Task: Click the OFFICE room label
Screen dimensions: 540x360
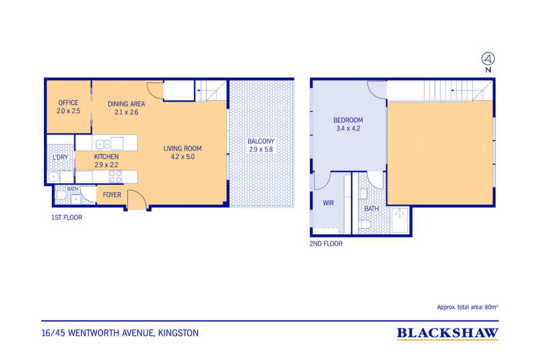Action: (68, 103)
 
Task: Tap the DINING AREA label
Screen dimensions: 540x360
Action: (126, 104)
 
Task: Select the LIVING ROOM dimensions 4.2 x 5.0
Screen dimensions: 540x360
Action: (183, 157)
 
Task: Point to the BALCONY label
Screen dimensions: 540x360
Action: (261, 141)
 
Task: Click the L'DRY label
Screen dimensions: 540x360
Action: (60, 157)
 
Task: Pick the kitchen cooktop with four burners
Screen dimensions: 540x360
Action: (116, 176)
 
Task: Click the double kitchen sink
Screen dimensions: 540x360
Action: (103, 144)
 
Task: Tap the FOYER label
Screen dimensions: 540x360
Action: (112, 195)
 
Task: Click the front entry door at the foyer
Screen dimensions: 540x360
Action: (137, 200)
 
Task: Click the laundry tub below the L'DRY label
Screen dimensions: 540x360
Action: (54, 177)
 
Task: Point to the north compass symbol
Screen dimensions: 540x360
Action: (488, 59)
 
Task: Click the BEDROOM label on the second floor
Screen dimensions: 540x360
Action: (348, 120)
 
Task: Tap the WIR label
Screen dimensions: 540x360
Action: (328, 203)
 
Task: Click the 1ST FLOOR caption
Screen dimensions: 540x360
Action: (67, 218)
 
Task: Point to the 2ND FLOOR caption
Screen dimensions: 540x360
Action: (326, 244)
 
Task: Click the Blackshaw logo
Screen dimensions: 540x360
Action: (448, 333)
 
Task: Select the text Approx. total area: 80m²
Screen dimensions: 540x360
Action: (467, 307)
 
